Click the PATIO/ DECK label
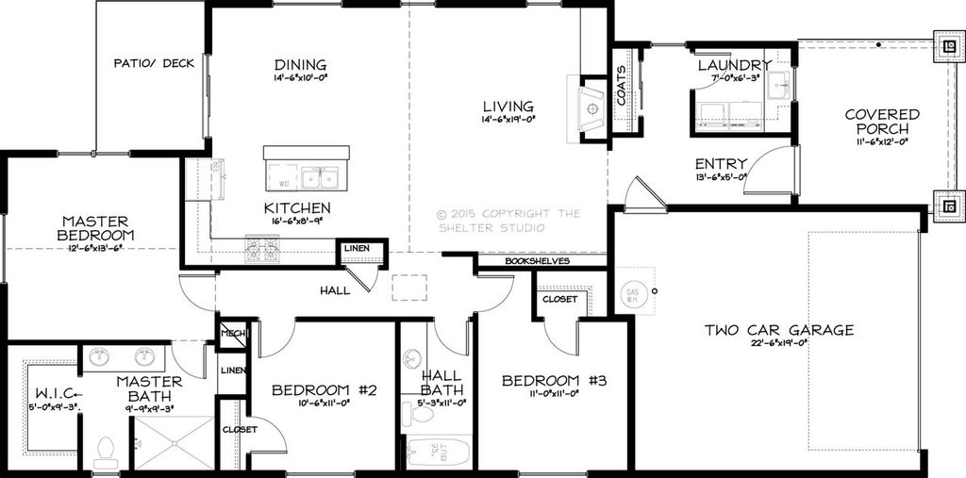pos(154,63)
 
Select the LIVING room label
pos(508,107)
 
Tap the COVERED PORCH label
pos(882,122)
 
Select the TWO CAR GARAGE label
pos(779,330)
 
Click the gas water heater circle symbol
pos(632,294)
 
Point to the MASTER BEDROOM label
pos(95,228)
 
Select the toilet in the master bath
pos(106,453)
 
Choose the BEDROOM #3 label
pos(554,381)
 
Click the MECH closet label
pos(232,334)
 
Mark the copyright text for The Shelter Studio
pos(509,220)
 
